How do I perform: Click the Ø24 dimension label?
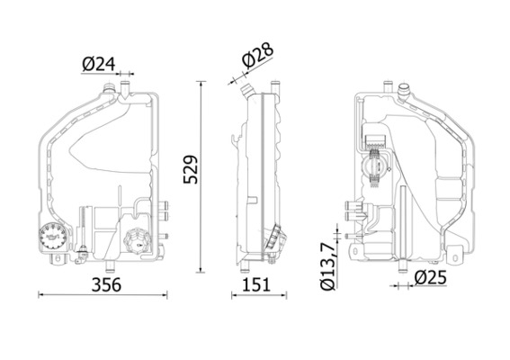tap(99, 65)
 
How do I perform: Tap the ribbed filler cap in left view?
tap(138, 241)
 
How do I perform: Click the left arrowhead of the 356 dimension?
tap(40, 294)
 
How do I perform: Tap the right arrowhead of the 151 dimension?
tap(286, 294)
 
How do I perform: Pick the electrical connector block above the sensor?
tap(374, 138)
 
